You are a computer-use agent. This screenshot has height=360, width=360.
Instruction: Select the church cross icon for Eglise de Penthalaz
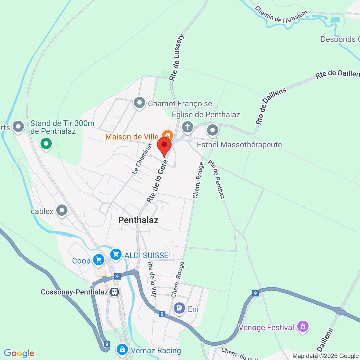coord(188,127)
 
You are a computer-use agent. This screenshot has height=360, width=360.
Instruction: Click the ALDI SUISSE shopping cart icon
coord(116,255)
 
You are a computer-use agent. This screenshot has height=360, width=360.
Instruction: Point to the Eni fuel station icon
coord(179,308)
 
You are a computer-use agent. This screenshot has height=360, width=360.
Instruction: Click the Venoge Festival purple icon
coord(303,327)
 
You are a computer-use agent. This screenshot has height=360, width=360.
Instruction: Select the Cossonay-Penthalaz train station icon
coord(114,292)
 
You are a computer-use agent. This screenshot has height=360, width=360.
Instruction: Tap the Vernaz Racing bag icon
coord(122,350)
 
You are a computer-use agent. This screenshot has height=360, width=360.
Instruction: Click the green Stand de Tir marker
coord(46,144)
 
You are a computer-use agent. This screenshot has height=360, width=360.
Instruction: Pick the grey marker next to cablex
coord(62,210)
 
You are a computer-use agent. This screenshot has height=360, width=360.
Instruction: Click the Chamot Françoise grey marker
coord(139,103)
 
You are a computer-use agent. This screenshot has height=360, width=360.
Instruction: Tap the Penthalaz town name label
coord(138,220)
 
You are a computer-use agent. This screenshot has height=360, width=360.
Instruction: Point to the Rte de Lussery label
coord(177,57)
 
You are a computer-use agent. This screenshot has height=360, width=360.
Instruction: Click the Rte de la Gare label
coord(157,181)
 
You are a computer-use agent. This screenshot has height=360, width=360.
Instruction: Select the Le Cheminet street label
coord(142,159)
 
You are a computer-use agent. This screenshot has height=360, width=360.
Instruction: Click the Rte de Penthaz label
coord(216,179)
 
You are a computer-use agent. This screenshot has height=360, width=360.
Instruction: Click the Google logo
coord(19,353)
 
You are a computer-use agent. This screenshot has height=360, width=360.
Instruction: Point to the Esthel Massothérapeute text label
coord(239,145)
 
